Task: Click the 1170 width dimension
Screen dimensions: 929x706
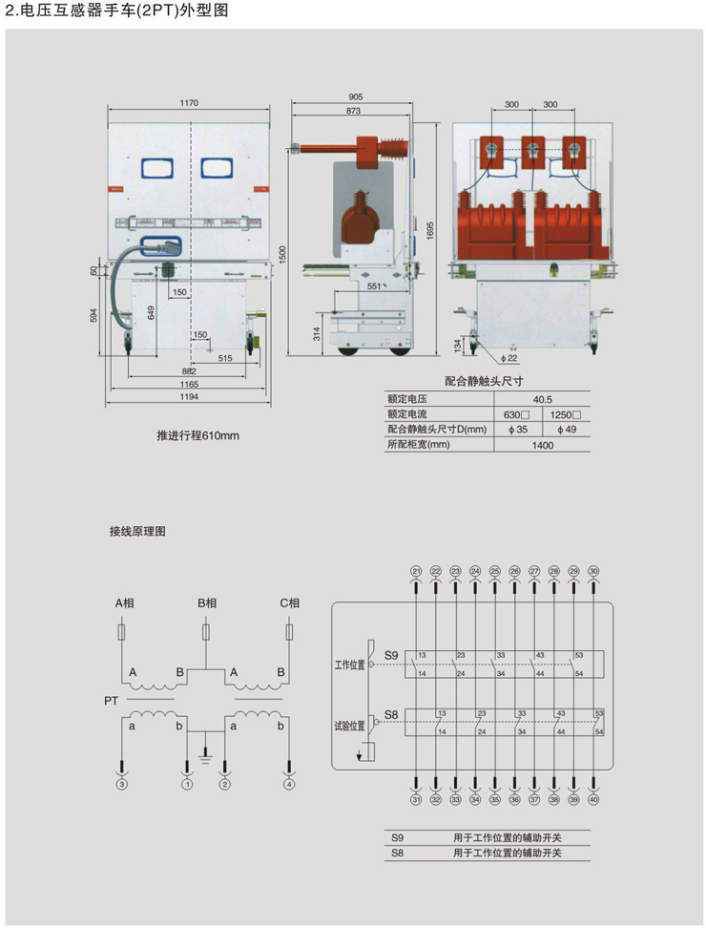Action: coord(188,103)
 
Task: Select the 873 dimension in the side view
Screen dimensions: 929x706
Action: coord(353,112)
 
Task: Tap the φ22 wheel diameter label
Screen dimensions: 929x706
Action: coord(509,359)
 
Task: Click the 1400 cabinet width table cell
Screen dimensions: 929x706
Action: coord(543,445)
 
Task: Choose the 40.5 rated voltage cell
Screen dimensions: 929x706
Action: coord(543,399)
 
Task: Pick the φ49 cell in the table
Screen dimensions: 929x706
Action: coord(566,430)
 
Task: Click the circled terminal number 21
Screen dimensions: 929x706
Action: coord(416,571)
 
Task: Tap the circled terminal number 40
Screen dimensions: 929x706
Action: coord(594,799)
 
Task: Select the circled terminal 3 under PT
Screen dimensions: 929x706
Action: coord(121,785)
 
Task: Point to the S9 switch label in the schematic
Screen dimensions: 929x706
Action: coord(390,655)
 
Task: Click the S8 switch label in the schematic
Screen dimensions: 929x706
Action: coord(390,714)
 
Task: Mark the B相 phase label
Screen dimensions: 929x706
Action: coord(207,603)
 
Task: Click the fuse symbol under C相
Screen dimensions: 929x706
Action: coord(290,632)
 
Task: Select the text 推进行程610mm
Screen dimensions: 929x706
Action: coord(197,436)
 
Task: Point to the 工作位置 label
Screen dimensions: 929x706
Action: coord(350,664)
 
